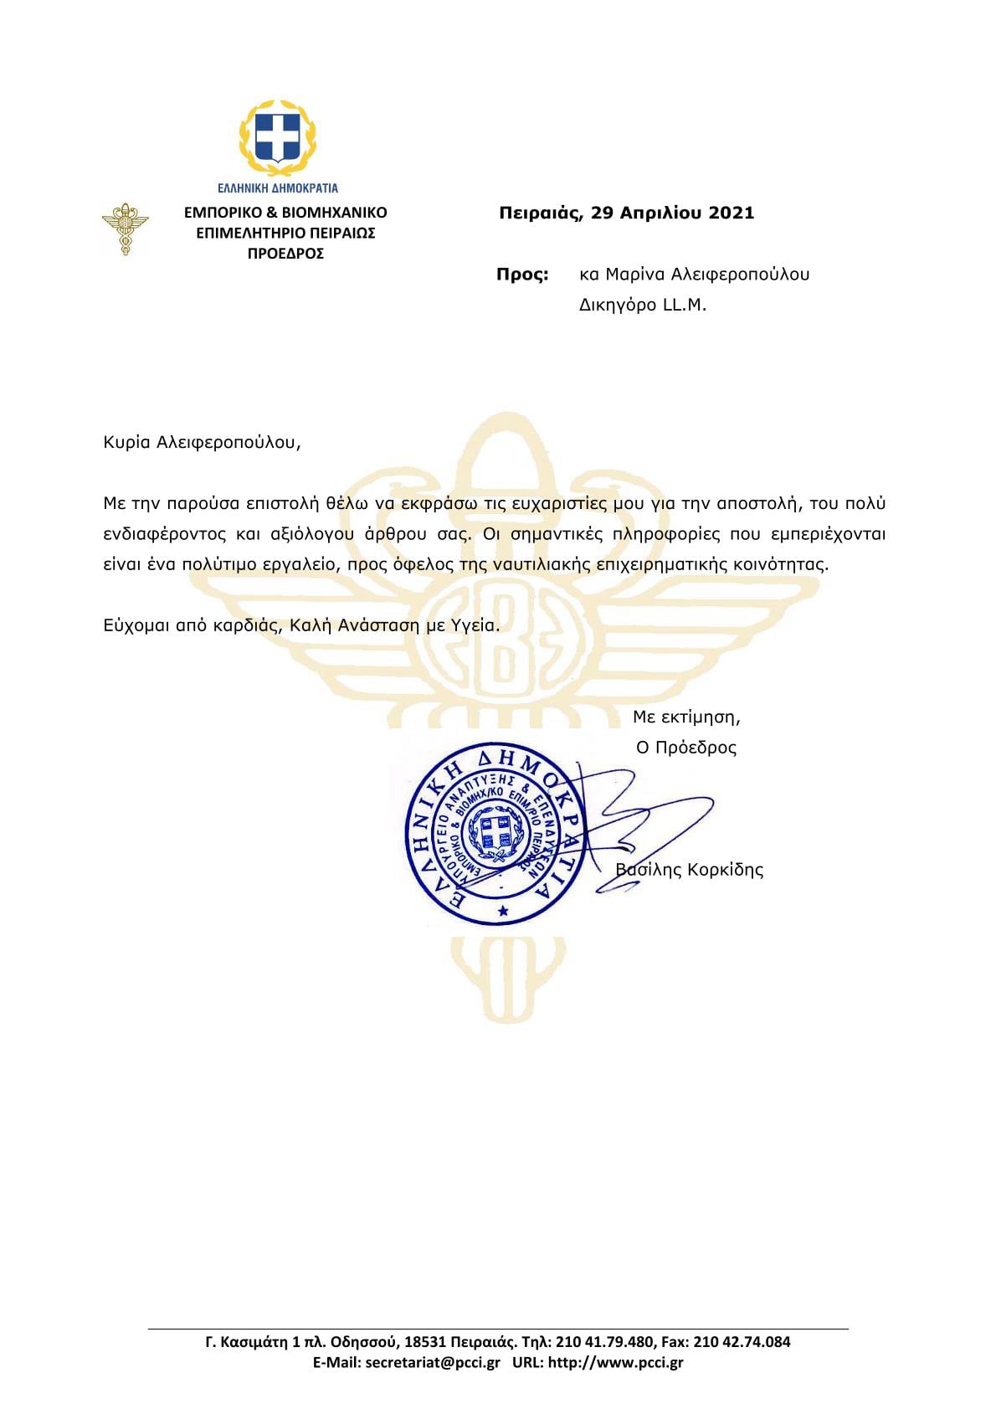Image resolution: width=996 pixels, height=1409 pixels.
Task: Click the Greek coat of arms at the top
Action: click(x=279, y=133)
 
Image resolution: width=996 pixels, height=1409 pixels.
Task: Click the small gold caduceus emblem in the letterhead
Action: click(x=124, y=229)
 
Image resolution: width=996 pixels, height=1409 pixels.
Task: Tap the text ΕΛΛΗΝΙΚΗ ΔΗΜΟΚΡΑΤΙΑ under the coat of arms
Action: click(x=279, y=188)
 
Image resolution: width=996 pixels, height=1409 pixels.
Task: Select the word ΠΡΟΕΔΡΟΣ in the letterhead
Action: click(x=285, y=253)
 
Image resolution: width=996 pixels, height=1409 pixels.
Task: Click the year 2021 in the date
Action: click(x=732, y=213)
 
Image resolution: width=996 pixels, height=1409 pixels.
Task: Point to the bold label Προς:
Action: click(x=523, y=274)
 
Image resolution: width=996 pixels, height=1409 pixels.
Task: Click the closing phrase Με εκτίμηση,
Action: click(x=686, y=717)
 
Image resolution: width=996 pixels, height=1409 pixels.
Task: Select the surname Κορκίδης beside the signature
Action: click(x=725, y=869)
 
